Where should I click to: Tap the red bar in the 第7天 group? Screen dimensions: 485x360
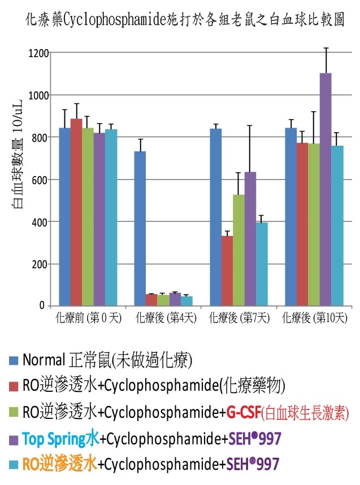[x=227, y=270]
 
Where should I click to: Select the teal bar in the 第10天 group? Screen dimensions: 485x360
[x=337, y=225]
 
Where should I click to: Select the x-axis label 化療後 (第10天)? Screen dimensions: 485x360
[x=314, y=318]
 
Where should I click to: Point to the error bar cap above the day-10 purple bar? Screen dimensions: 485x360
[x=326, y=49]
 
